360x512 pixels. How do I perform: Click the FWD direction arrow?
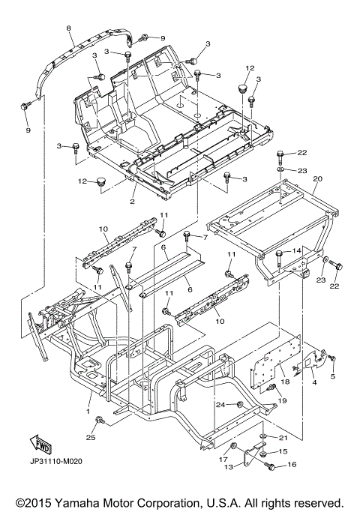40,445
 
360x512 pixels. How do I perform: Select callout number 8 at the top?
68,28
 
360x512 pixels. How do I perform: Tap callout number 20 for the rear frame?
317,178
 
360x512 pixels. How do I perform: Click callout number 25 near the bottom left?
91,437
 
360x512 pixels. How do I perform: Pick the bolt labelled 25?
100,421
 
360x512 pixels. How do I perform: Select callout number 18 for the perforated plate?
285,382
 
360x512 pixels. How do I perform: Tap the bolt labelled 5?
332,358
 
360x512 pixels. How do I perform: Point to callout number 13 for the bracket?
229,467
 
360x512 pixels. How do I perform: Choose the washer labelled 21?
262,436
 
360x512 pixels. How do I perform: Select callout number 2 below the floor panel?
132,202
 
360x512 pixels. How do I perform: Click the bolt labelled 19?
271,388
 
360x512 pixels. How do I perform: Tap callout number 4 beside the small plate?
314,382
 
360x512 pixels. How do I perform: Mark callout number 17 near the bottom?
223,459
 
